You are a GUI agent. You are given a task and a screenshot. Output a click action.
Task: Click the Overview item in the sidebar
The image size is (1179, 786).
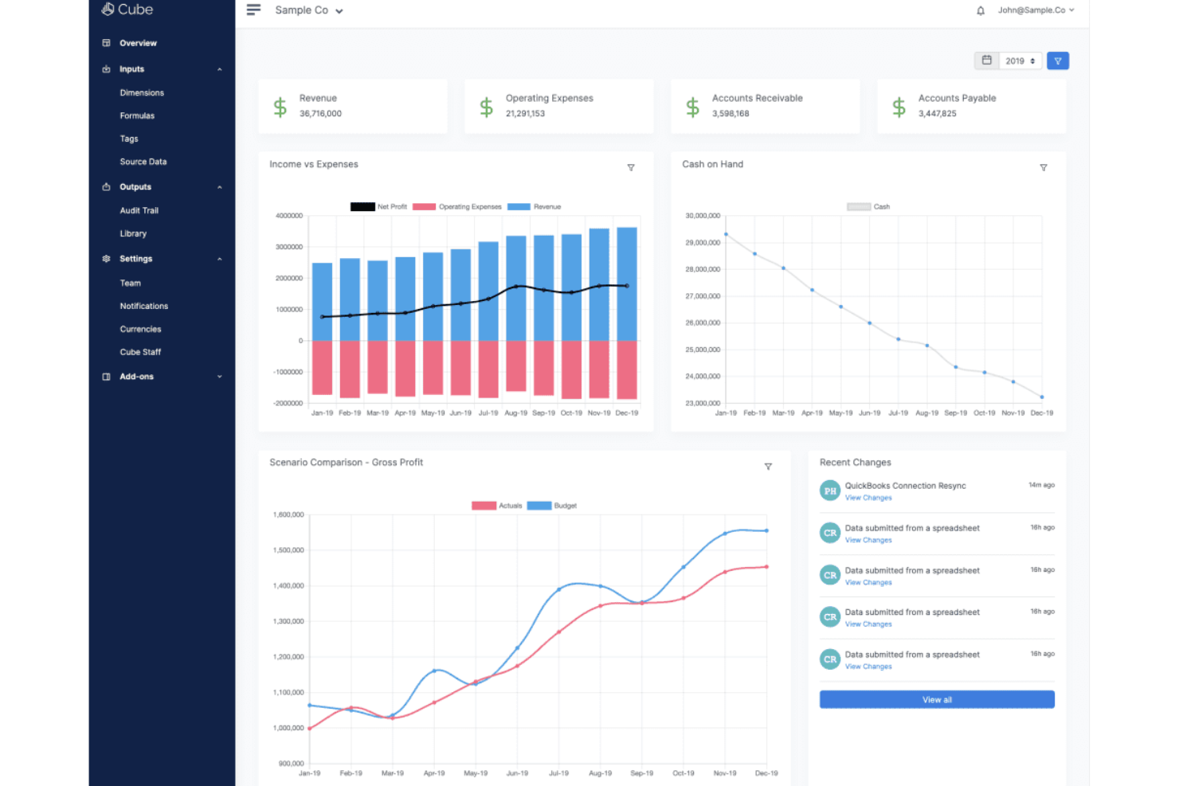pos(138,43)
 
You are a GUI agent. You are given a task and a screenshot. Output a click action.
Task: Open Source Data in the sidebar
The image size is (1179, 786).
pos(143,162)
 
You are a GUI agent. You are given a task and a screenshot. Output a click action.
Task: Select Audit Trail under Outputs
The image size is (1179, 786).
pos(139,211)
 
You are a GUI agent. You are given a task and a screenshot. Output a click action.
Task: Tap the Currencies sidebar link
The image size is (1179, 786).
pos(141,329)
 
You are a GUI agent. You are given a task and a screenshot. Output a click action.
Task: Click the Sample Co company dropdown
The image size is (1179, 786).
pos(308,10)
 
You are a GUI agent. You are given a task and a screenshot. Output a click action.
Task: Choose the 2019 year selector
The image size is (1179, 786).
pos(1020,61)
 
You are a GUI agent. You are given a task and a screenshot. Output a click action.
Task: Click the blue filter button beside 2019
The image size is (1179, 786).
pos(1057,61)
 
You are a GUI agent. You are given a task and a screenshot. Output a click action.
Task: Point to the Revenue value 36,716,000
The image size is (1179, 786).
pos(320,114)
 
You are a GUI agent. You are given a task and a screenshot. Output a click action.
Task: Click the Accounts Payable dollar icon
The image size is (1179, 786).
pos(899,107)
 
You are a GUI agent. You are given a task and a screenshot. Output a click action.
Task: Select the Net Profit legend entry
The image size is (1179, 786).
pos(379,207)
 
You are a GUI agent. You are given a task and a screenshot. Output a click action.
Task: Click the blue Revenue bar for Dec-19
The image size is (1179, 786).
pos(627,284)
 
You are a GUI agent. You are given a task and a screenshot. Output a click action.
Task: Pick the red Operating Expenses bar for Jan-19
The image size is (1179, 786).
pos(322,367)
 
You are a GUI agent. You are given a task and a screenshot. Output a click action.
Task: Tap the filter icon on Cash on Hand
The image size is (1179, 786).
pos(1043,168)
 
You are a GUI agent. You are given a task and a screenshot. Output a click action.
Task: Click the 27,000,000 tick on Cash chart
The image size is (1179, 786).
pos(703,296)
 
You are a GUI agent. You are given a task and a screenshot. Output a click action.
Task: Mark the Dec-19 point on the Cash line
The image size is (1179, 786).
pos(1041,397)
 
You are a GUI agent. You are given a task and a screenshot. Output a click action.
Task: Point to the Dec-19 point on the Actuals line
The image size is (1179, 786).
pos(766,567)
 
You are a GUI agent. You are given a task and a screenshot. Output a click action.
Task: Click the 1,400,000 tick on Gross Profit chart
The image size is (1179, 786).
pos(288,586)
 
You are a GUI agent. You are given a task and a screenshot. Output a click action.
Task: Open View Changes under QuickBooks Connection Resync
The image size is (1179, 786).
pos(868,499)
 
